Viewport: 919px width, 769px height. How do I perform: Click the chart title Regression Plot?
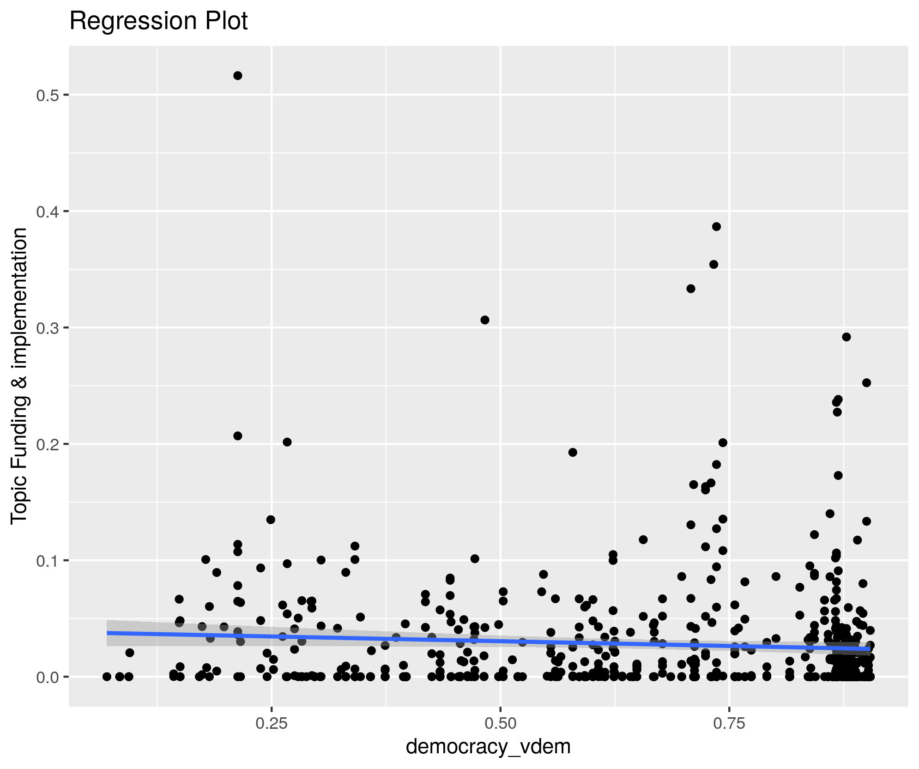point(158,21)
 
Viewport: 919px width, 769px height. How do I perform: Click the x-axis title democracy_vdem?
point(488,746)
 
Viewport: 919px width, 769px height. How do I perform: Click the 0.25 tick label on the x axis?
point(272,724)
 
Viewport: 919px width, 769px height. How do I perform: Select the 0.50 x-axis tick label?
point(501,724)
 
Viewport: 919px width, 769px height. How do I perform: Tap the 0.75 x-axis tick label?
point(729,724)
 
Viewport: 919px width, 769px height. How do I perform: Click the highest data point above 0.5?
point(238,76)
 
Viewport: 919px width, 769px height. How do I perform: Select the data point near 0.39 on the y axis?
point(716,227)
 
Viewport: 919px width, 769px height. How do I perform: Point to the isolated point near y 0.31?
point(484,320)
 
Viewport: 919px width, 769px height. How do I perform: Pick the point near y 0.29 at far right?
point(846,337)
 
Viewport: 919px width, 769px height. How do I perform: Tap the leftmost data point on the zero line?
point(107,677)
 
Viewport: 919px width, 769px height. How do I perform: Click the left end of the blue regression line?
point(108,633)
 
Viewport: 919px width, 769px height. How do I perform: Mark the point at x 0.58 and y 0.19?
point(573,452)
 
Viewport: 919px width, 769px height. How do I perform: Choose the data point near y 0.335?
point(691,289)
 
